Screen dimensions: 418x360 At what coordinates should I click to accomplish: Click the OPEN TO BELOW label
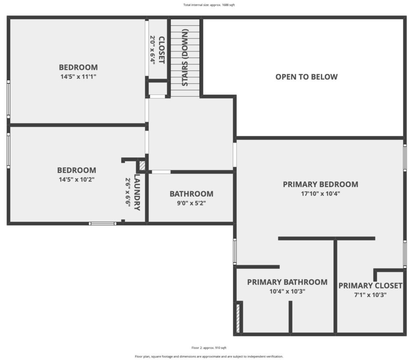306,77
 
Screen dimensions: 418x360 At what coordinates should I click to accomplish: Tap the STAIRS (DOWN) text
185,57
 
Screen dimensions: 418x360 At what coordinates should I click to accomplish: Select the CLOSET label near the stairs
162,50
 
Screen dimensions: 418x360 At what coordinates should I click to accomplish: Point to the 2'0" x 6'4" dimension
153,49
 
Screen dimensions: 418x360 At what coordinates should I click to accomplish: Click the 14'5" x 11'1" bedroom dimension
78,76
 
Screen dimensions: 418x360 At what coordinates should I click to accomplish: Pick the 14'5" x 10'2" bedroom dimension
76,179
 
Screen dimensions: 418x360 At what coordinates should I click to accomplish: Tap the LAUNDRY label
137,192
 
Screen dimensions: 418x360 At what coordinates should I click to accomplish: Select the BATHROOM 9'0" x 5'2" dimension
191,203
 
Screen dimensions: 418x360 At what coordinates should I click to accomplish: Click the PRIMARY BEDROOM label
320,184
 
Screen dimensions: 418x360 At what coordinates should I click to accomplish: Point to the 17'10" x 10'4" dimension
320,193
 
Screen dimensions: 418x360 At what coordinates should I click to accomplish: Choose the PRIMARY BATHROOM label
287,282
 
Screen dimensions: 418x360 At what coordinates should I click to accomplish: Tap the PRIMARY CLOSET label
370,286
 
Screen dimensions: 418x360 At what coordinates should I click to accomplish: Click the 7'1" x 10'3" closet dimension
370,295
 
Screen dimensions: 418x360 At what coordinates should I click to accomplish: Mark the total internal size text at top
209,5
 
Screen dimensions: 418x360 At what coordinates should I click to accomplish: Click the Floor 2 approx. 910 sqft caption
209,348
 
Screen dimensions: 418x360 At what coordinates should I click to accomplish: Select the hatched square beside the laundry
142,165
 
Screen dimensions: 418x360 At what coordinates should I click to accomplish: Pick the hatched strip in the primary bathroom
238,318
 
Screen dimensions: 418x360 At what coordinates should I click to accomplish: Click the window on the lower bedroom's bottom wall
102,224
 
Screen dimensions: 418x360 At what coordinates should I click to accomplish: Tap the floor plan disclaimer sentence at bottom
209,356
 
